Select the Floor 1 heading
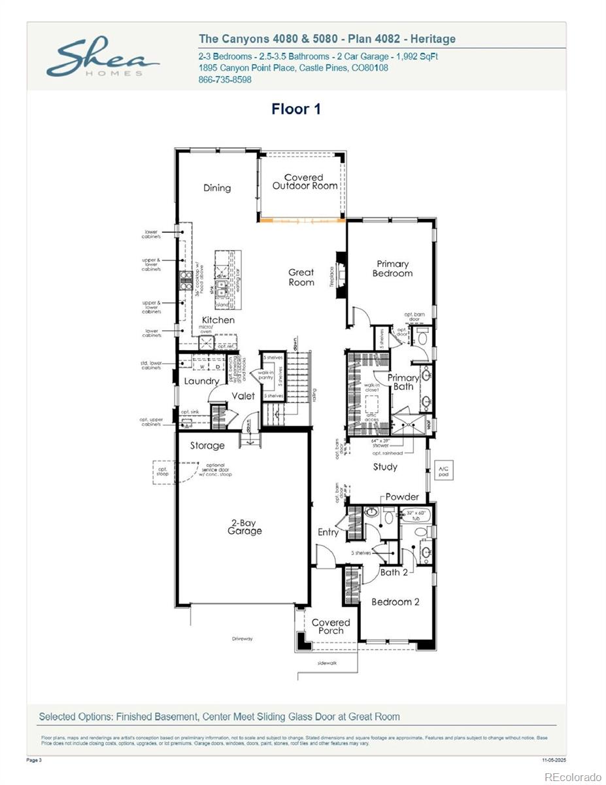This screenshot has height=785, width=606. (296, 109)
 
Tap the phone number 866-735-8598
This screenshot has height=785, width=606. (224, 80)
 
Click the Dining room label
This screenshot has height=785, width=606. (217, 188)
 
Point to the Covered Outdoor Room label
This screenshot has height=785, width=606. (305, 181)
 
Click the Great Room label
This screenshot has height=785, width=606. (301, 277)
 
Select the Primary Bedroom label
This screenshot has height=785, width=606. (392, 268)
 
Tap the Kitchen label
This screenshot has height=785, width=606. (218, 320)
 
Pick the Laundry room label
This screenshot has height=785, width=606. (201, 381)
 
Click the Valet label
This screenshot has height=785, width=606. (243, 396)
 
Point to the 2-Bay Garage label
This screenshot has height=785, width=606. (244, 527)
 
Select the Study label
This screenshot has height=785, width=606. (385, 467)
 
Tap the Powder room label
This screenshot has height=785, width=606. (402, 497)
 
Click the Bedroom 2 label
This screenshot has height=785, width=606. (396, 602)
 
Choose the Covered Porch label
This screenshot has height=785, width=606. (331, 626)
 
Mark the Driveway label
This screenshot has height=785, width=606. (242, 638)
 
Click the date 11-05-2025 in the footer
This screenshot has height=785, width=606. (554, 760)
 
